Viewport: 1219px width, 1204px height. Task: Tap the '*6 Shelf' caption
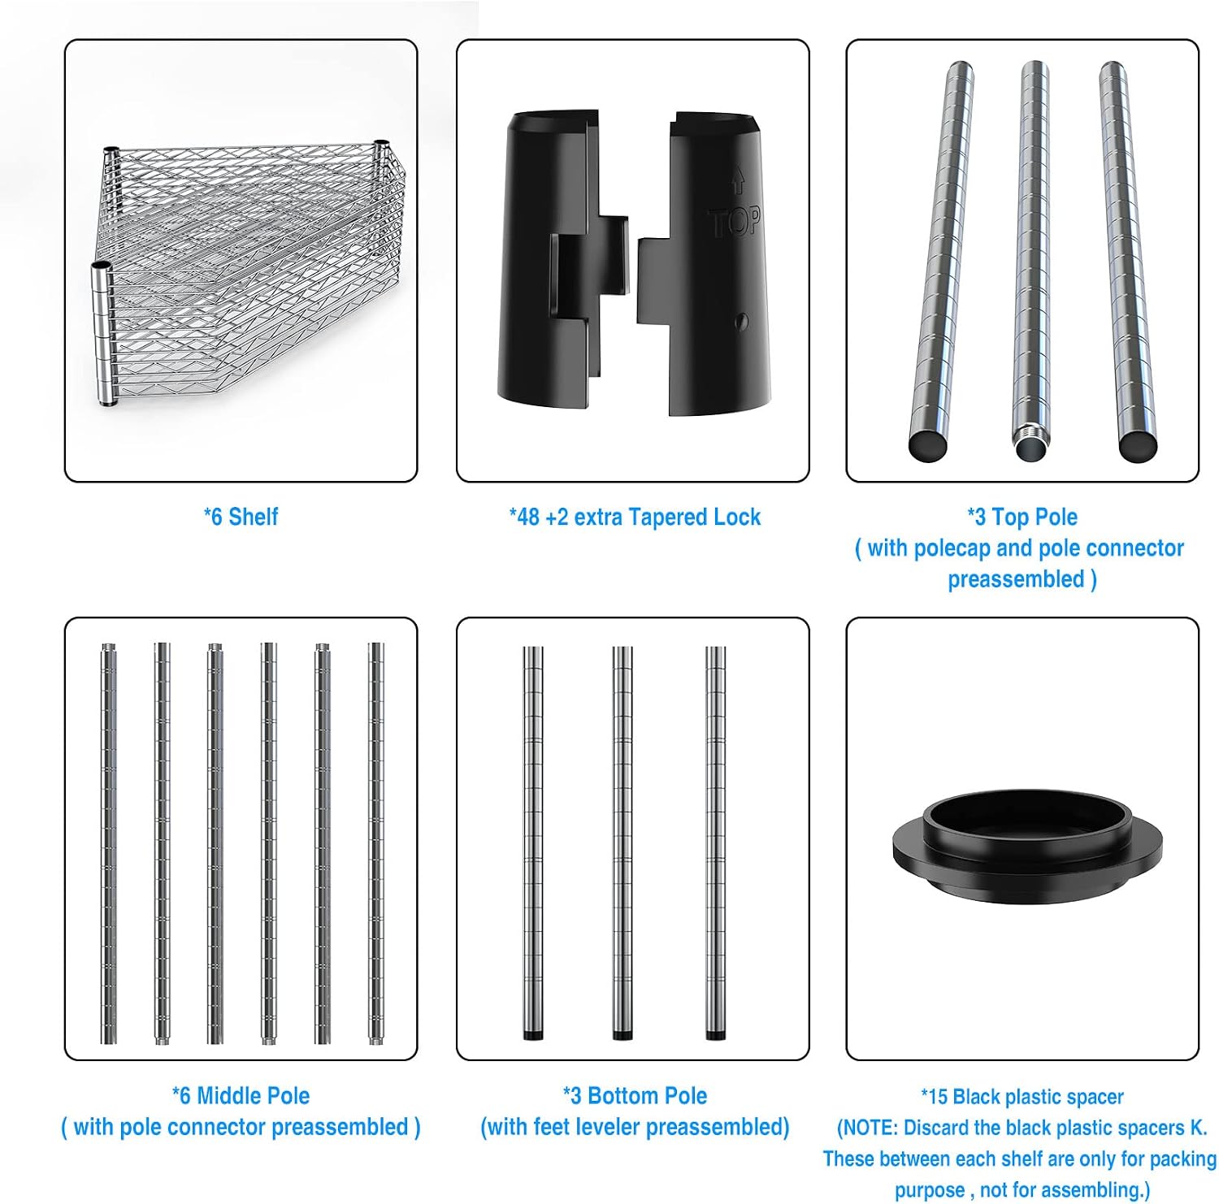241,517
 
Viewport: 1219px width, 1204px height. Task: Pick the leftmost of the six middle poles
108,843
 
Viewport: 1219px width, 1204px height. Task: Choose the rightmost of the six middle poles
375,843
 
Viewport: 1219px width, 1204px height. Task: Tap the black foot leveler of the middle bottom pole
623,1035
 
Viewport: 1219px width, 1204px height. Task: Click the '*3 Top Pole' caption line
1022,517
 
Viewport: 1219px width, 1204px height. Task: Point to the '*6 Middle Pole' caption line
241,1095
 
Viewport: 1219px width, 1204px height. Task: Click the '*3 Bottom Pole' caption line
635,1095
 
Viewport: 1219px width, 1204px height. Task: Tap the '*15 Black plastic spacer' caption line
1022,1097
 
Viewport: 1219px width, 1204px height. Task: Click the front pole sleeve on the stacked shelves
103,333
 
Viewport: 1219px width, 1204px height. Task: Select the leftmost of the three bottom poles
532,843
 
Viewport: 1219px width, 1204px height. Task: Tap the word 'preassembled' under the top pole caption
1016,579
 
